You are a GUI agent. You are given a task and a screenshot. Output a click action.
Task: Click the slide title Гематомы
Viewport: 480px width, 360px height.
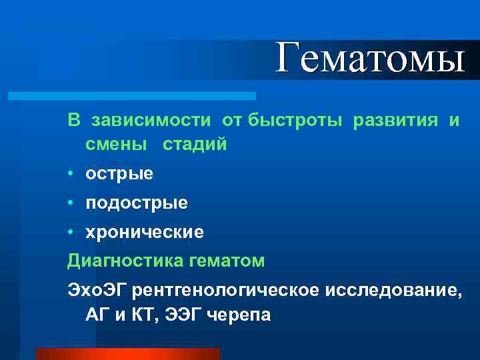click(370, 57)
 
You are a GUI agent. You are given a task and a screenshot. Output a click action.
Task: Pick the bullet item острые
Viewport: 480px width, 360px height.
click(119, 174)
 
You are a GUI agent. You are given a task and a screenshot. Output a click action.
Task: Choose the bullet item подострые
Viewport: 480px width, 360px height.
click(136, 203)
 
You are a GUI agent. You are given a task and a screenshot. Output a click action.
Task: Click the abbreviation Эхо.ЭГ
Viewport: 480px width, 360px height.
click(98, 291)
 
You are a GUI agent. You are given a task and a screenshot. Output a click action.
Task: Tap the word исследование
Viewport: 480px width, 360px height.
click(391, 291)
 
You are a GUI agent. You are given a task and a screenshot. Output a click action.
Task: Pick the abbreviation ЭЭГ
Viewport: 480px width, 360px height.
click(182, 315)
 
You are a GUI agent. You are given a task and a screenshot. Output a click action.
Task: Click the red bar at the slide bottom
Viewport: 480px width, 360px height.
click(127, 354)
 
